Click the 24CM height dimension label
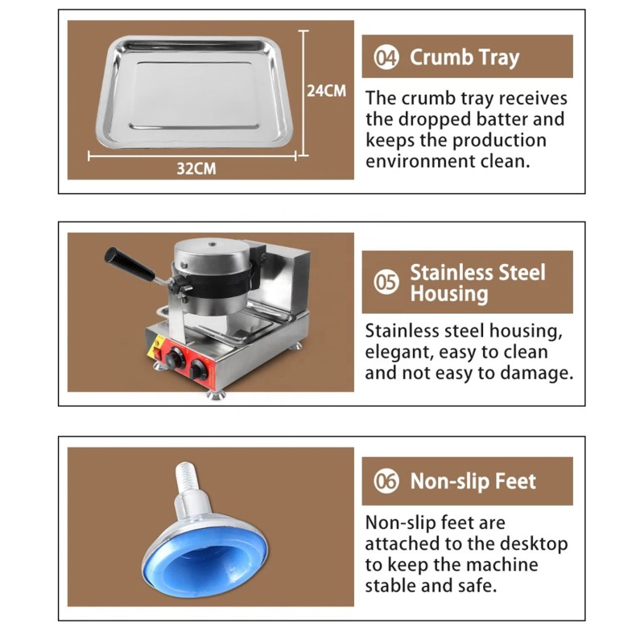[x=327, y=91]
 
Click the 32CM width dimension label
[x=196, y=168]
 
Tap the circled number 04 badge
[x=386, y=57]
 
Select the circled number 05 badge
[x=386, y=283]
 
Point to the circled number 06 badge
[x=386, y=481]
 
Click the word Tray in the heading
[x=499, y=57]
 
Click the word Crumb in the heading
[x=441, y=56]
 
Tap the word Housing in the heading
[x=449, y=294]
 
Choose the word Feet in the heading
[x=515, y=481]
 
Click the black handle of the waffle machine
[x=130, y=264]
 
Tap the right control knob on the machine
[x=198, y=369]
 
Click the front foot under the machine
[x=216, y=395]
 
